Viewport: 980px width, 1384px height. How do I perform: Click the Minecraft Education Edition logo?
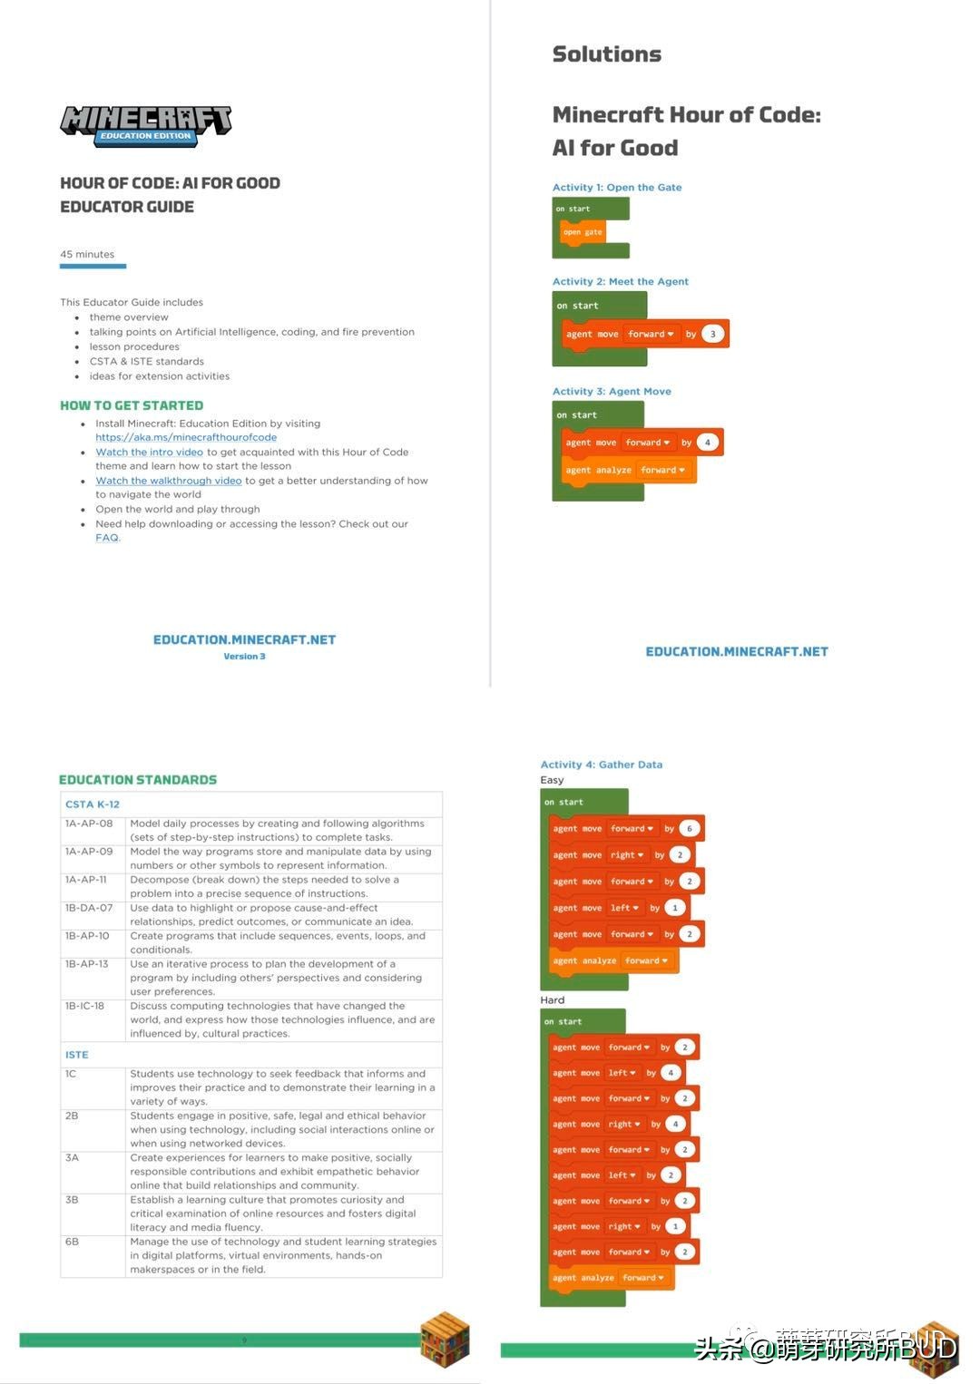point(145,125)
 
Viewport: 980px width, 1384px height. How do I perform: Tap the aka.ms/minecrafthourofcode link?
point(186,437)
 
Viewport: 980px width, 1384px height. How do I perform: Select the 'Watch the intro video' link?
point(150,452)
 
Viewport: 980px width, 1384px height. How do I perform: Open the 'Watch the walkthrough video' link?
point(169,481)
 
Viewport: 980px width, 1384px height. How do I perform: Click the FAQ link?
point(107,538)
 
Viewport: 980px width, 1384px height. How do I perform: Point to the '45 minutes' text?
point(87,254)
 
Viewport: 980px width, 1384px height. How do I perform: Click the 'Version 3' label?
point(244,657)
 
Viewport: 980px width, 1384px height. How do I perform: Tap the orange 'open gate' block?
point(583,232)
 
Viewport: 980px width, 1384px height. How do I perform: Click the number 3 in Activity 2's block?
point(713,334)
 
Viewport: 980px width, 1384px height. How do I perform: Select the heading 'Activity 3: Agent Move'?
point(612,392)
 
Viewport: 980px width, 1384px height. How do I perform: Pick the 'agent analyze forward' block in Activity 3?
point(625,470)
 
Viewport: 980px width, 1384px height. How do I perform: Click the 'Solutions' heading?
point(607,54)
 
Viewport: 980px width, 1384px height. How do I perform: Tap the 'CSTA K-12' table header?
point(93,804)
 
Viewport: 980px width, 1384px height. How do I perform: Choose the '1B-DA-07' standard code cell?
point(89,908)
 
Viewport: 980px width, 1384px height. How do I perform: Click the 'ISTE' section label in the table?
point(77,1055)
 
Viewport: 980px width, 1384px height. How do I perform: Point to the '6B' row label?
point(72,1242)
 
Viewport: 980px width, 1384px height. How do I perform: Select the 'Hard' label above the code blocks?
point(552,1000)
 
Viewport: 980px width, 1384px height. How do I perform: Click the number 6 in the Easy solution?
point(690,828)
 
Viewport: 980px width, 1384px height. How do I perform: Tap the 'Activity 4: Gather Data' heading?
point(601,765)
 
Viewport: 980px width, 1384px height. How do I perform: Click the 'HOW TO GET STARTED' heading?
point(132,405)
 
